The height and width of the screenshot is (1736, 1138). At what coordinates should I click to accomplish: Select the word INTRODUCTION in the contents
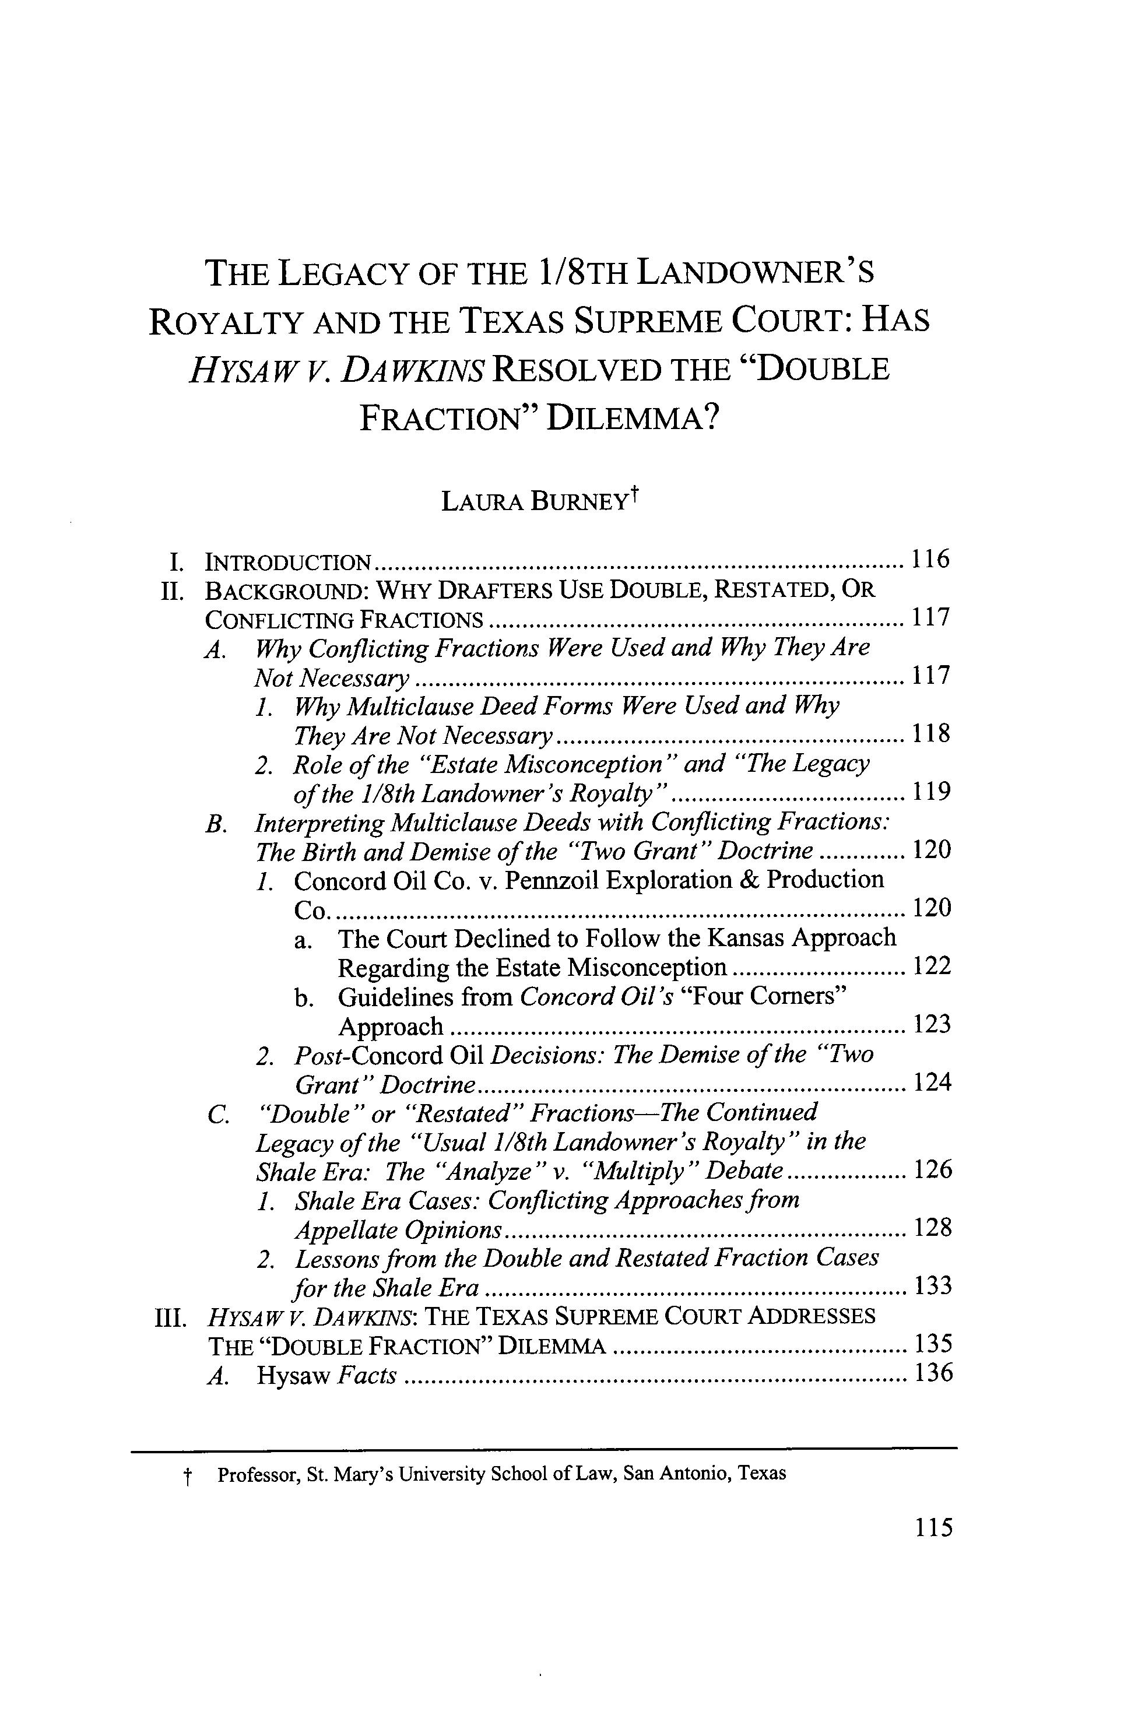(288, 561)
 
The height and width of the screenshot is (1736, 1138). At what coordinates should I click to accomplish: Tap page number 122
(932, 967)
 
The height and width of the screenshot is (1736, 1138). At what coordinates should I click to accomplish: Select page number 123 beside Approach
(932, 1025)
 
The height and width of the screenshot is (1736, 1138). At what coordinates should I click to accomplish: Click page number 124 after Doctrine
(932, 1083)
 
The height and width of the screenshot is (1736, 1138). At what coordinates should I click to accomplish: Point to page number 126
(932, 1170)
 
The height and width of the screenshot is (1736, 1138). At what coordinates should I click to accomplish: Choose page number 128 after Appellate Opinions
(932, 1228)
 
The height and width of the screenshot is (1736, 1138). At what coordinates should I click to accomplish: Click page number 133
(932, 1286)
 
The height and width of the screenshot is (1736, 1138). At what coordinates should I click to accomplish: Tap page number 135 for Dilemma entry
(932, 1344)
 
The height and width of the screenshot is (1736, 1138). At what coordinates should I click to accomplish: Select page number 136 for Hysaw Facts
(932, 1373)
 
